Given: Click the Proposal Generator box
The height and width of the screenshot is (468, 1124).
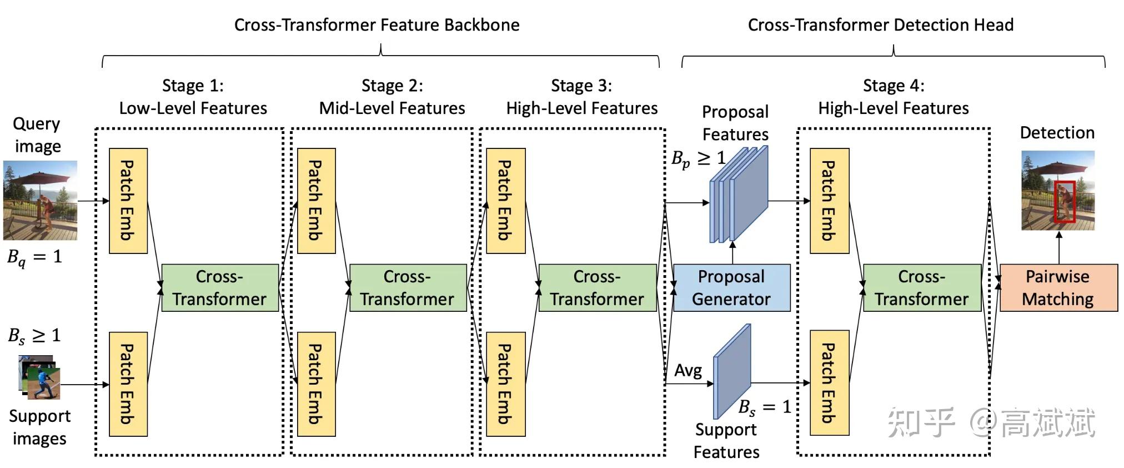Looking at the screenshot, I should [731, 287].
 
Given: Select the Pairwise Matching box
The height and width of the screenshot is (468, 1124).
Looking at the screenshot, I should [1058, 287].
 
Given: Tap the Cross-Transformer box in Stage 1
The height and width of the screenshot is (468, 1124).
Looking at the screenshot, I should [220, 287].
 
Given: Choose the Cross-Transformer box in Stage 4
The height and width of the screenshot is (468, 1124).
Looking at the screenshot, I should [922, 287].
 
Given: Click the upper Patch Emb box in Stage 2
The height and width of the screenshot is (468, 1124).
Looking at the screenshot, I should [317, 201].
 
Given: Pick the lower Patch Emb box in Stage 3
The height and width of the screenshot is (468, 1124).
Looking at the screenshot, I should [505, 384].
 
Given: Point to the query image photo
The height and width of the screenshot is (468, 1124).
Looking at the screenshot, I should [40, 200].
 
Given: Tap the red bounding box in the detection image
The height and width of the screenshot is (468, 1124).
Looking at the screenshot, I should [1065, 201].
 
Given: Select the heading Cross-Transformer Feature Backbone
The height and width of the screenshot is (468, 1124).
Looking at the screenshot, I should [377, 25].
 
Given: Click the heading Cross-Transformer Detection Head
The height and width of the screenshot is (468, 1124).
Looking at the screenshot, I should [880, 25].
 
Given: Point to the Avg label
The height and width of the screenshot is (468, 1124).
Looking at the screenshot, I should [688, 370].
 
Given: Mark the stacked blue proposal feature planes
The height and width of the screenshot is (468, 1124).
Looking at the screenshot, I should [739, 195].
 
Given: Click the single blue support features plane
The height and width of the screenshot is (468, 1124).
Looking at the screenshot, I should [732, 371].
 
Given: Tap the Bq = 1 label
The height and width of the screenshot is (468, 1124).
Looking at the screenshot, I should [34, 257].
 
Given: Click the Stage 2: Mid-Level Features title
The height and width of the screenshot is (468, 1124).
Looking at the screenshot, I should [392, 97].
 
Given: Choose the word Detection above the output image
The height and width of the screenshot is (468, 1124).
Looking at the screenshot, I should [1057, 133].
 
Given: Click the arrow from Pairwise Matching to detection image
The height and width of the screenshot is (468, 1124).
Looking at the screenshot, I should [1059, 247].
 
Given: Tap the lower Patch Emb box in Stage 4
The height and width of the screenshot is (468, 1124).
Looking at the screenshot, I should [829, 382].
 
